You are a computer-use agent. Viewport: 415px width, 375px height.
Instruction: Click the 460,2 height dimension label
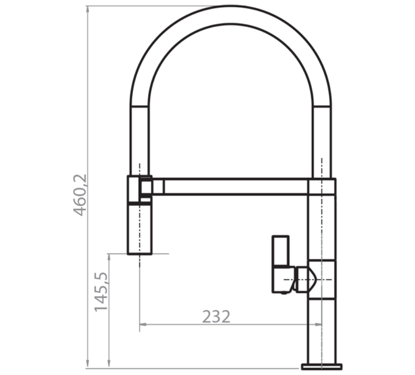79,195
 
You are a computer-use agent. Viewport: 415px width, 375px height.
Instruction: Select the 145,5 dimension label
101,291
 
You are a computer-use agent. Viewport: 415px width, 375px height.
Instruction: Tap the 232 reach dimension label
216,317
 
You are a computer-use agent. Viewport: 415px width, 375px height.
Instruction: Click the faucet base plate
321,367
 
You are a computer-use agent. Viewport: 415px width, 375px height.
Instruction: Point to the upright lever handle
280,250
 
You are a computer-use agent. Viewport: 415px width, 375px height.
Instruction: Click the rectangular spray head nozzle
140,228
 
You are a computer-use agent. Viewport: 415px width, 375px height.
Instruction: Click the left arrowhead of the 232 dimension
143,324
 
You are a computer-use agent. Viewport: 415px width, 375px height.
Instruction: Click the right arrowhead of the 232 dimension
318,324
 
